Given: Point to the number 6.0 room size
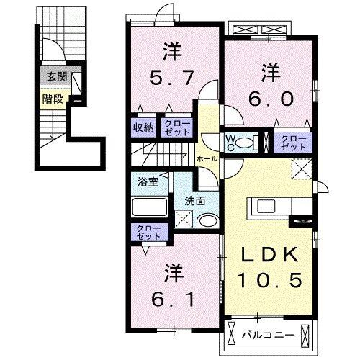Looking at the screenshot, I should (x=271, y=99).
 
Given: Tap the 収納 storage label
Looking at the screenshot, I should (x=143, y=128).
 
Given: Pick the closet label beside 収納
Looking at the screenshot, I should (x=176, y=128).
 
